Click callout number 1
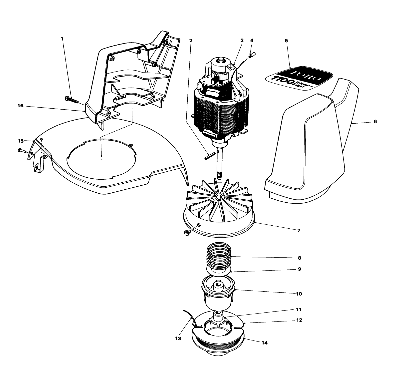62,39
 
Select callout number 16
20,106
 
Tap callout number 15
20,141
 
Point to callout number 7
299,230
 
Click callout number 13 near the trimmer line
178,338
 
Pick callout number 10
299,294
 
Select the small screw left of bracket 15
20,150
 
